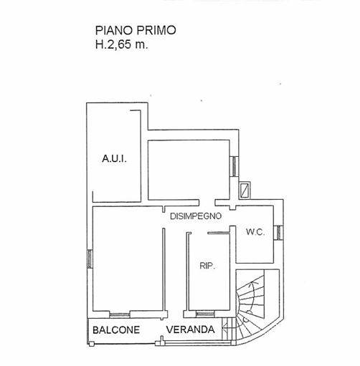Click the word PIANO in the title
click(114, 31)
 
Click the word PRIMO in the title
click(156, 31)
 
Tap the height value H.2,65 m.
click(122, 44)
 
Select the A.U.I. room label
click(114, 158)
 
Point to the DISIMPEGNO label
click(196, 216)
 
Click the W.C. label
click(255, 232)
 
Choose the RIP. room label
click(207, 266)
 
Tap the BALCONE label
click(116, 330)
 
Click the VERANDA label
click(191, 329)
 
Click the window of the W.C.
click(278, 233)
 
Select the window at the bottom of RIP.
click(205, 314)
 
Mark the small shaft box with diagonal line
click(245, 191)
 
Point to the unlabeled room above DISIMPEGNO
click(189, 170)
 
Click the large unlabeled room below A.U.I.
click(128, 259)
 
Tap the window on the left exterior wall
click(90, 259)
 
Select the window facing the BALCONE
click(120, 314)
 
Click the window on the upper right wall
click(235, 166)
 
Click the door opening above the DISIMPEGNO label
click(207, 203)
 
